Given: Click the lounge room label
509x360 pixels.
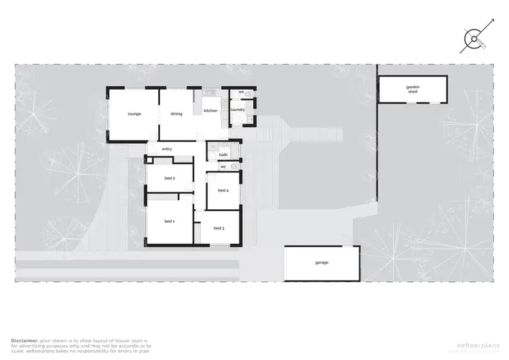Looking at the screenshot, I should pos(134,113).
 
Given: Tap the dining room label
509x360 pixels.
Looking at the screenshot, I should pos(176,113).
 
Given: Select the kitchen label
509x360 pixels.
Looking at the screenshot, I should pos(210,110).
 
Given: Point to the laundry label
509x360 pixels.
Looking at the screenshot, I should pos(238,109).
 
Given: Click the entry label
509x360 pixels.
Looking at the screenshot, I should pos(167,149).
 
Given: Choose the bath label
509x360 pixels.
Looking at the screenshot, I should pos(223,154).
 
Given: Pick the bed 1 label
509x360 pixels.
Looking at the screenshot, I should pos(169,221).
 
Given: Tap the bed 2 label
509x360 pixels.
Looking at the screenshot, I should pos(170,179).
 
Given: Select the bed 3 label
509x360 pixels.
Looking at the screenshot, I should pos(219,228).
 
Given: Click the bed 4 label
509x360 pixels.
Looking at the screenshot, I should pos(223,190).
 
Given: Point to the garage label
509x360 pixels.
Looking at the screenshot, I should pos(322,262).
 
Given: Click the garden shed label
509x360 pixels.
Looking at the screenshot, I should pos(413,90).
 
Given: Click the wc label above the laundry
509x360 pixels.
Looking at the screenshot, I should pos(241,92).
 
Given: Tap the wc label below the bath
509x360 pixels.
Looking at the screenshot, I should pos(223,166).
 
